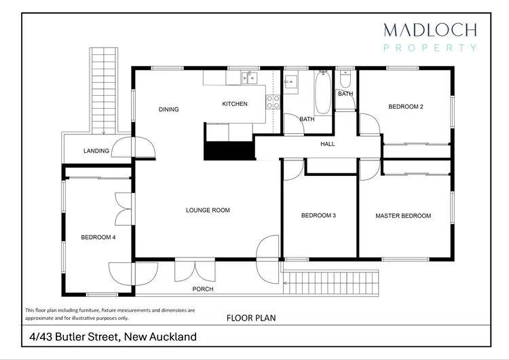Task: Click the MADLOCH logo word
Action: (x=430, y=30)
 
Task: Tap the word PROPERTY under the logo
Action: (x=430, y=48)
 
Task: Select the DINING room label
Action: (x=168, y=109)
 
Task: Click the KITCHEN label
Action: (x=235, y=104)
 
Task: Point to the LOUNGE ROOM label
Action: (x=208, y=211)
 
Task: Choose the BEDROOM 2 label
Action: (x=406, y=107)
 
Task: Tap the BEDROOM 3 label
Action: (x=319, y=216)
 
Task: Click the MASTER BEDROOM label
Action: (x=403, y=216)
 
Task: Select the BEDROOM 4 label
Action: (x=98, y=237)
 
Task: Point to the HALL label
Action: (x=328, y=144)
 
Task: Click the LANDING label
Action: (x=96, y=151)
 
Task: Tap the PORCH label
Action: (x=202, y=289)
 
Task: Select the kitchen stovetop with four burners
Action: (x=273, y=102)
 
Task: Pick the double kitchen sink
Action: (x=246, y=78)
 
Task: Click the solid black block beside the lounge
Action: (x=229, y=150)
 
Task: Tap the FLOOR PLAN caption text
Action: (x=250, y=317)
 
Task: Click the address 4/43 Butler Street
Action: (x=113, y=336)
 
